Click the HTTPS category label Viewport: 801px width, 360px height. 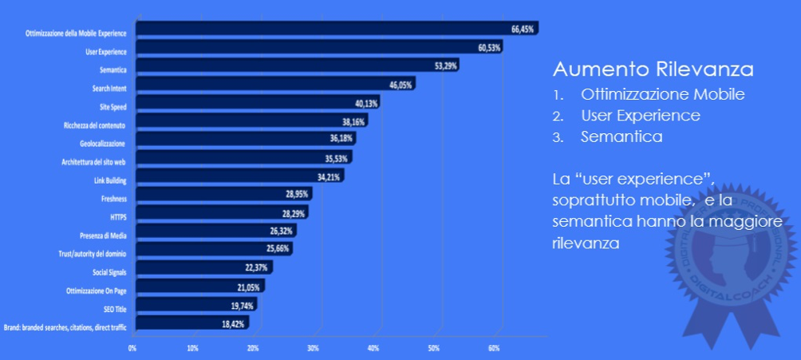tap(117, 216)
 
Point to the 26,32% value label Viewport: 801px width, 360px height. tap(282, 231)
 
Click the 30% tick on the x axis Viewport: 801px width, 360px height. tap(313, 348)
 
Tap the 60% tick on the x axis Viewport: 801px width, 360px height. tap(493, 348)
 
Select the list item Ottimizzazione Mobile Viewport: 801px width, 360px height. tap(663, 94)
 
